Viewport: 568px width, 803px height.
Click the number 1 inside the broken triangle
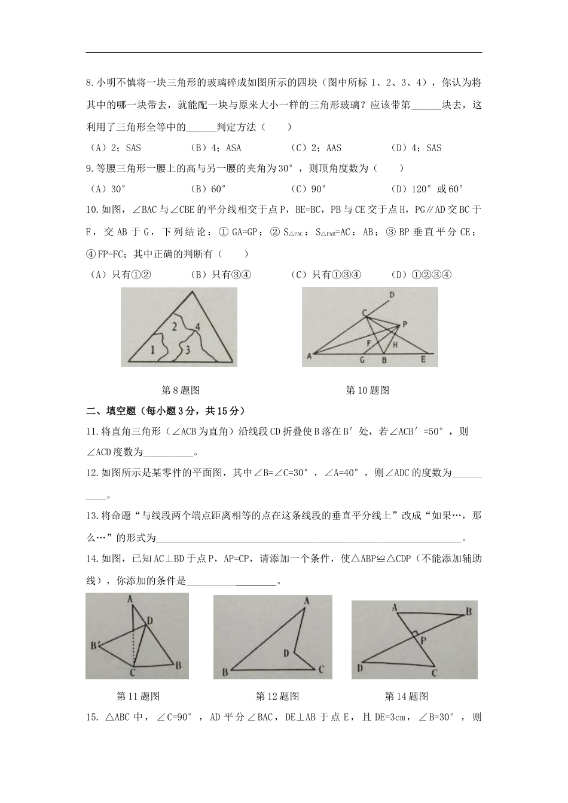[152, 350]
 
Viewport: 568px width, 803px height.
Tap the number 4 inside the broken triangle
[197, 326]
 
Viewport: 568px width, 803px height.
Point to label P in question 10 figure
[405, 324]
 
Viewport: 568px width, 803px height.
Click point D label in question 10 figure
[392, 295]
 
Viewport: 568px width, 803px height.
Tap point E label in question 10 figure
[423, 360]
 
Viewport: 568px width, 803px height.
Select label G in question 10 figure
[362, 361]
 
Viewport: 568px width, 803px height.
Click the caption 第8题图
[181, 390]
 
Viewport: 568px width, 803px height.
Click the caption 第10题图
[368, 390]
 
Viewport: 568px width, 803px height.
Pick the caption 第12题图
[277, 696]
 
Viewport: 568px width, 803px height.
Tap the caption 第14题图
[407, 696]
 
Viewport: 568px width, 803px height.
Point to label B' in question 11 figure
[94, 645]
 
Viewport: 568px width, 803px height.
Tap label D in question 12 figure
[286, 653]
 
